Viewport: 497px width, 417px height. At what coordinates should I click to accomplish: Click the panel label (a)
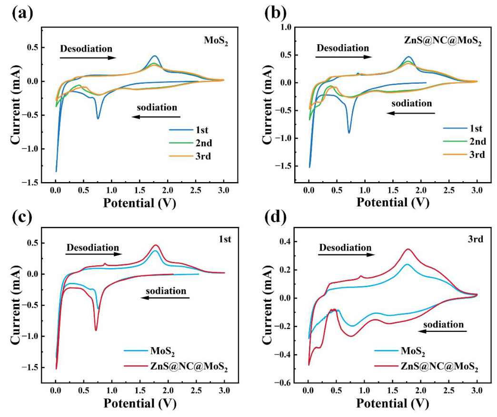[x=22, y=13]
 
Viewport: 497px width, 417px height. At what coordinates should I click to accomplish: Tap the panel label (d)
[x=276, y=217]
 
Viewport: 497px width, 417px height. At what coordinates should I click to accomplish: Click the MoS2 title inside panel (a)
[x=216, y=41]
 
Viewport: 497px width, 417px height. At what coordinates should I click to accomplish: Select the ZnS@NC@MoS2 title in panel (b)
[x=442, y=41]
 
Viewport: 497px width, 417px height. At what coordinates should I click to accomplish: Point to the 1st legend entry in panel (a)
[x=188, y=130]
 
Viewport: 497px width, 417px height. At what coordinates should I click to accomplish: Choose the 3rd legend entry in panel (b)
[x=464, y=155]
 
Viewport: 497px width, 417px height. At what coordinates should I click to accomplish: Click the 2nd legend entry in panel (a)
[x=190, y=143]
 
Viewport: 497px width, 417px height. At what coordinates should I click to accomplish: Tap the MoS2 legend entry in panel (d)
[x=400, y=351]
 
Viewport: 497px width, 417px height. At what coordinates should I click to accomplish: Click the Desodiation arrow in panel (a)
[x=88, y=58]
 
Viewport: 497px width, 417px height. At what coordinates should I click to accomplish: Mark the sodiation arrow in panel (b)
[x=411, y=113]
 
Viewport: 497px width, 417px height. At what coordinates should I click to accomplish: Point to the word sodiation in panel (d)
[x=443, y=325]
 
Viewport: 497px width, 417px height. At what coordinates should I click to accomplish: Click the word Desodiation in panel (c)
[x=92, y=247]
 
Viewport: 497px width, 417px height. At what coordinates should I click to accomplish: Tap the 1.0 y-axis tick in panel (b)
[x=285, y=27]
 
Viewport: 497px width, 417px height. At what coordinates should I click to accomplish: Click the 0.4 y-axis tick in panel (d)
[x=285, y=242]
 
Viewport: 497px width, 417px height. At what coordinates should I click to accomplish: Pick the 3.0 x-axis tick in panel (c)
[x=224, y=390]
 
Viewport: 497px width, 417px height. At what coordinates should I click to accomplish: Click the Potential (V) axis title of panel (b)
[x=393, y=203]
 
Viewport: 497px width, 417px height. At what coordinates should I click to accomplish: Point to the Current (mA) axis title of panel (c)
[x=16, y=306]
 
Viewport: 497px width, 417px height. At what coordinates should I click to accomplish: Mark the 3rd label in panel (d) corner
[x=476, y=239]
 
